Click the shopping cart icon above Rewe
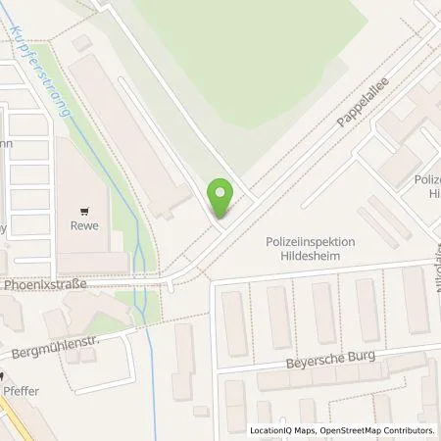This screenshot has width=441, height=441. point(88,209)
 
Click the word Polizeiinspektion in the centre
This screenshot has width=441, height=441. point(310,241)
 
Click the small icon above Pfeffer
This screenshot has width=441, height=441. point(4,375)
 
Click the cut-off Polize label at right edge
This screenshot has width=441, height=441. point(427,180)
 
